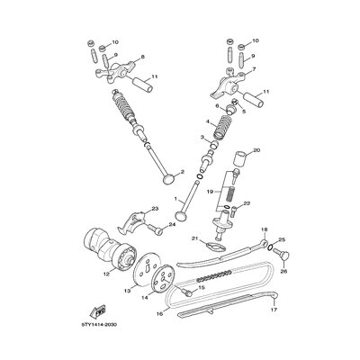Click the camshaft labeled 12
109,249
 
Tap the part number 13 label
128,291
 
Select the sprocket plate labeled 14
163,278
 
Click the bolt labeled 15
186,291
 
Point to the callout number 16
159,313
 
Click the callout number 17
274,309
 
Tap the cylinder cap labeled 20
241,158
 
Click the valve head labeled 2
169,179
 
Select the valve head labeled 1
181,216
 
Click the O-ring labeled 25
270,247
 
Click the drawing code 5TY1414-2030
98,325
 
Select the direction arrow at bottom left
98,311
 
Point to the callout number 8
142,57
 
